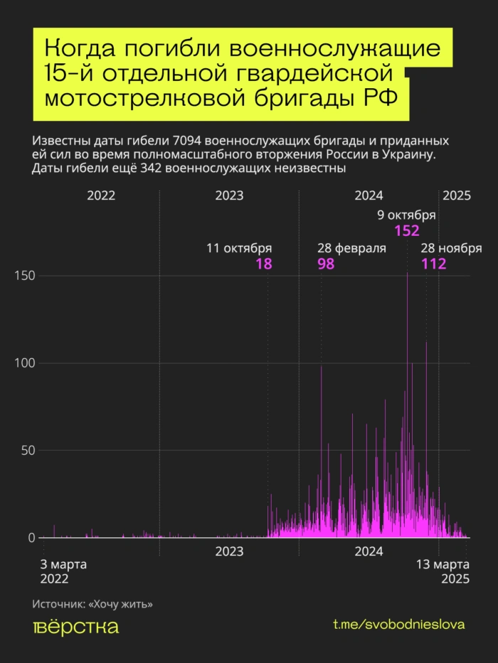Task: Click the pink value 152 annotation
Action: tap(406, 231)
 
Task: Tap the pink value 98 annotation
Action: tap(326, 264)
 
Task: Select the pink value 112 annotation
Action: tap(433, 264)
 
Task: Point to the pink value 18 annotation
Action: tap(263, 264)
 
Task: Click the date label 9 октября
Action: tap(406, 216)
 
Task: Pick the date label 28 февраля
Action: tap(351, 249)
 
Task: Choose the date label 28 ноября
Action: tap(451, 249)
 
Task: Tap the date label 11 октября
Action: tap(239, 249)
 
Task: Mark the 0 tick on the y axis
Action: tap(31, 538)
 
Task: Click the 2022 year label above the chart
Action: tap(101, 196)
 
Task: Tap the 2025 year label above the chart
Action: tap(457, 196)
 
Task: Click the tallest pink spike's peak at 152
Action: tap(407, 274)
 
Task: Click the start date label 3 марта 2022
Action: tap(63, 571)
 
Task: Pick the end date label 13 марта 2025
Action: tap(441, 571)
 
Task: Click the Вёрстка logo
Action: tap(76, 627)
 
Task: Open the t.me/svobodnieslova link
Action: tap(398, 625)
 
